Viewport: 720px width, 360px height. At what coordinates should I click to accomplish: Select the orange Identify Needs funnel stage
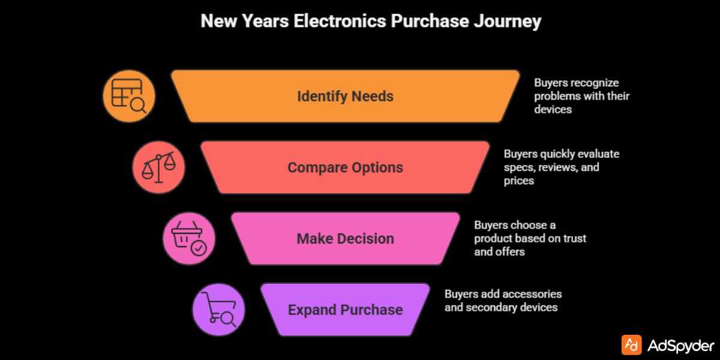click(345, 96)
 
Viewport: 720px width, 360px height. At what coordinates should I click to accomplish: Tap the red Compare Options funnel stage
click(345, 167)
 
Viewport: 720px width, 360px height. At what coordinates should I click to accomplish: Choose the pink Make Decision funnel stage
click(345, 238)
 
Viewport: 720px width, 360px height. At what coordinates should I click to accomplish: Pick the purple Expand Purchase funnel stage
click(345, 310)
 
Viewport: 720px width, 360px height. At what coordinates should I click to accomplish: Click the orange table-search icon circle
click(129, 96)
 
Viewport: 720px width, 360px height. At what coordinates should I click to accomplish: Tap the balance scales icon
click(158, 167)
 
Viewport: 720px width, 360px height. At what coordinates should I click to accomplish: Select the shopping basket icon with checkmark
click(188, 238)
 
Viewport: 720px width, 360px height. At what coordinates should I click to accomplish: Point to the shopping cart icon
click(218, 310)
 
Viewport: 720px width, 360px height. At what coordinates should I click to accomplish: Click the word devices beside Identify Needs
click(553, 109)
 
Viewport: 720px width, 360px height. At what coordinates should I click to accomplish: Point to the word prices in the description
click(520, 180)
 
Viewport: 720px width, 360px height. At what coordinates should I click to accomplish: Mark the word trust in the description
click(574, 238)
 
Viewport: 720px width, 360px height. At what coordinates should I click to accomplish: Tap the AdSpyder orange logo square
click(631, 345)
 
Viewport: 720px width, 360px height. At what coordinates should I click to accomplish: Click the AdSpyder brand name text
click(681, 346)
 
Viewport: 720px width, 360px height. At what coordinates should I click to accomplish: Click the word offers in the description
click(510, 251)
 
